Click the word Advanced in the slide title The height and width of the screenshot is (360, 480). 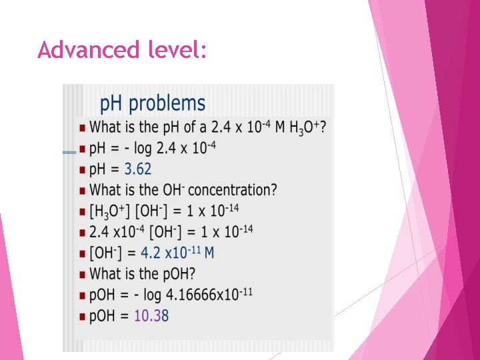click(x=78, y=49)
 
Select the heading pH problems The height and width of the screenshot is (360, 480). click(x=153, y=103)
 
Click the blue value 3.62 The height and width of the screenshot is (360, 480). click(x=138, y=169)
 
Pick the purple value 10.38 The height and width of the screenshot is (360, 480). click(x=151, y=315)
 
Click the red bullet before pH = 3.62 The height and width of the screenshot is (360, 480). click(x=82, y=169)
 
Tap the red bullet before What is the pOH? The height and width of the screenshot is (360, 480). click(x=82, y=274)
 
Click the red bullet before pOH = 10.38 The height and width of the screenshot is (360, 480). click(x=82, y=316)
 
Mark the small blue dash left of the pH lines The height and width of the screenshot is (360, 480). click(x=69, y=153)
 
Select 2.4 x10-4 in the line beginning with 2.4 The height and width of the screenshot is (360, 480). click(x=115, y=232)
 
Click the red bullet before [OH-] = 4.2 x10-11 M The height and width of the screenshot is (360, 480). click(x=82, y=253)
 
